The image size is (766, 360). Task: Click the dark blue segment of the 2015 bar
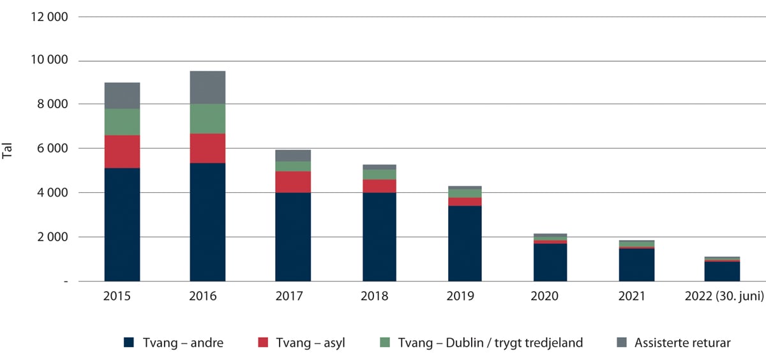click(122, 224)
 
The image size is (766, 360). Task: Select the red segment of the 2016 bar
click(207, 148)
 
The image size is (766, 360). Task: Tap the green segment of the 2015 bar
click(122, 122)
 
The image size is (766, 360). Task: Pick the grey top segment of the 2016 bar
click(207, 87)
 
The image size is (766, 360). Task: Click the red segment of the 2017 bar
click(293, 182)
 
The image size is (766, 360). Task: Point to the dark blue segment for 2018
click(379, 237)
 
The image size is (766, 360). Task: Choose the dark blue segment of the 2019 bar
click(465, 243)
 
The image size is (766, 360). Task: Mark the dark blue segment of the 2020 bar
click(550, 262)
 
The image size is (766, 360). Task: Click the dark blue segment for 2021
click(636, 265)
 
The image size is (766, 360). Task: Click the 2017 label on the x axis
click(293, 297)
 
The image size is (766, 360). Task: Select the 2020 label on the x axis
click(550, 297)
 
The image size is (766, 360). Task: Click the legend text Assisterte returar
click(682, 343)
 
